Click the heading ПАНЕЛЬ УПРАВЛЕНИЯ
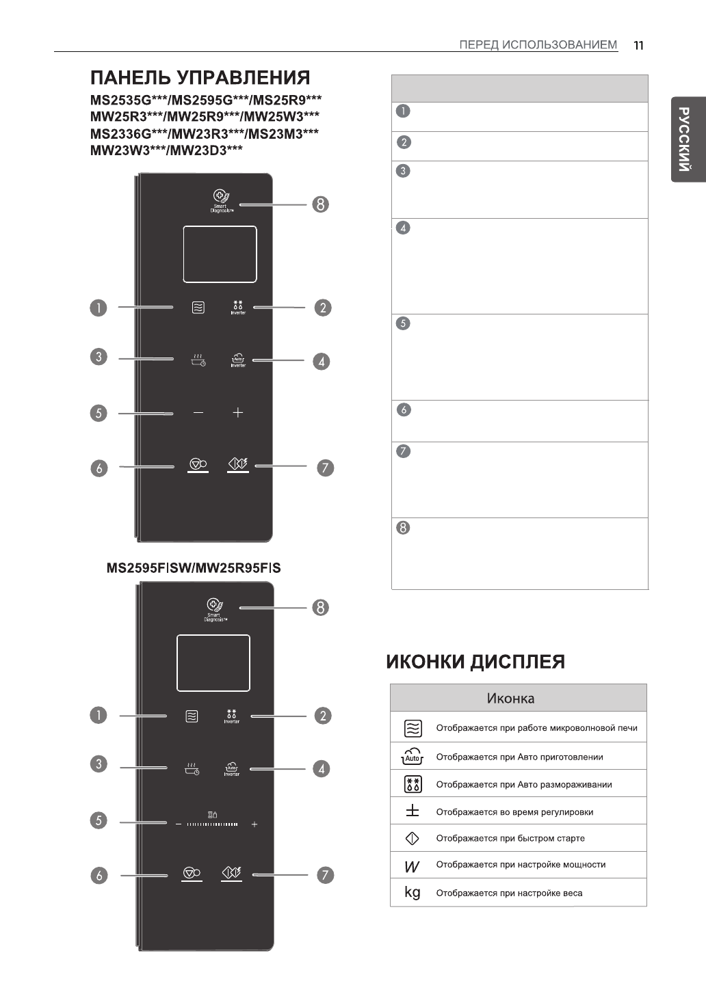tap(200, 78)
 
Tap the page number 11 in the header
tap(638, 45)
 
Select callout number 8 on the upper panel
tap(319, 204)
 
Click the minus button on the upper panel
tap(198, 413)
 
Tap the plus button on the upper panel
tap(237, 413)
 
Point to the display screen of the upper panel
tap(220, 254)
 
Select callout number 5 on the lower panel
tap(99, 820)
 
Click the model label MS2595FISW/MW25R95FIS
tap(194, 568)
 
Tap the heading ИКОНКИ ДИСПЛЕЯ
tap(475, 662)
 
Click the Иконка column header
tap(510, 698)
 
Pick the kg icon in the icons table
tap(413, 892)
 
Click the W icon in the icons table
tap(412, 866)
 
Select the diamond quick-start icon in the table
tap(413, 838)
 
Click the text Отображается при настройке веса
tap(509, 893)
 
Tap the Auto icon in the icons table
tap(413, 757)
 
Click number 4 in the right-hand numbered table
tap(404, 228)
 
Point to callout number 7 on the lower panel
tap(325, 875)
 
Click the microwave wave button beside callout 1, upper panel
tap(198, 308)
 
